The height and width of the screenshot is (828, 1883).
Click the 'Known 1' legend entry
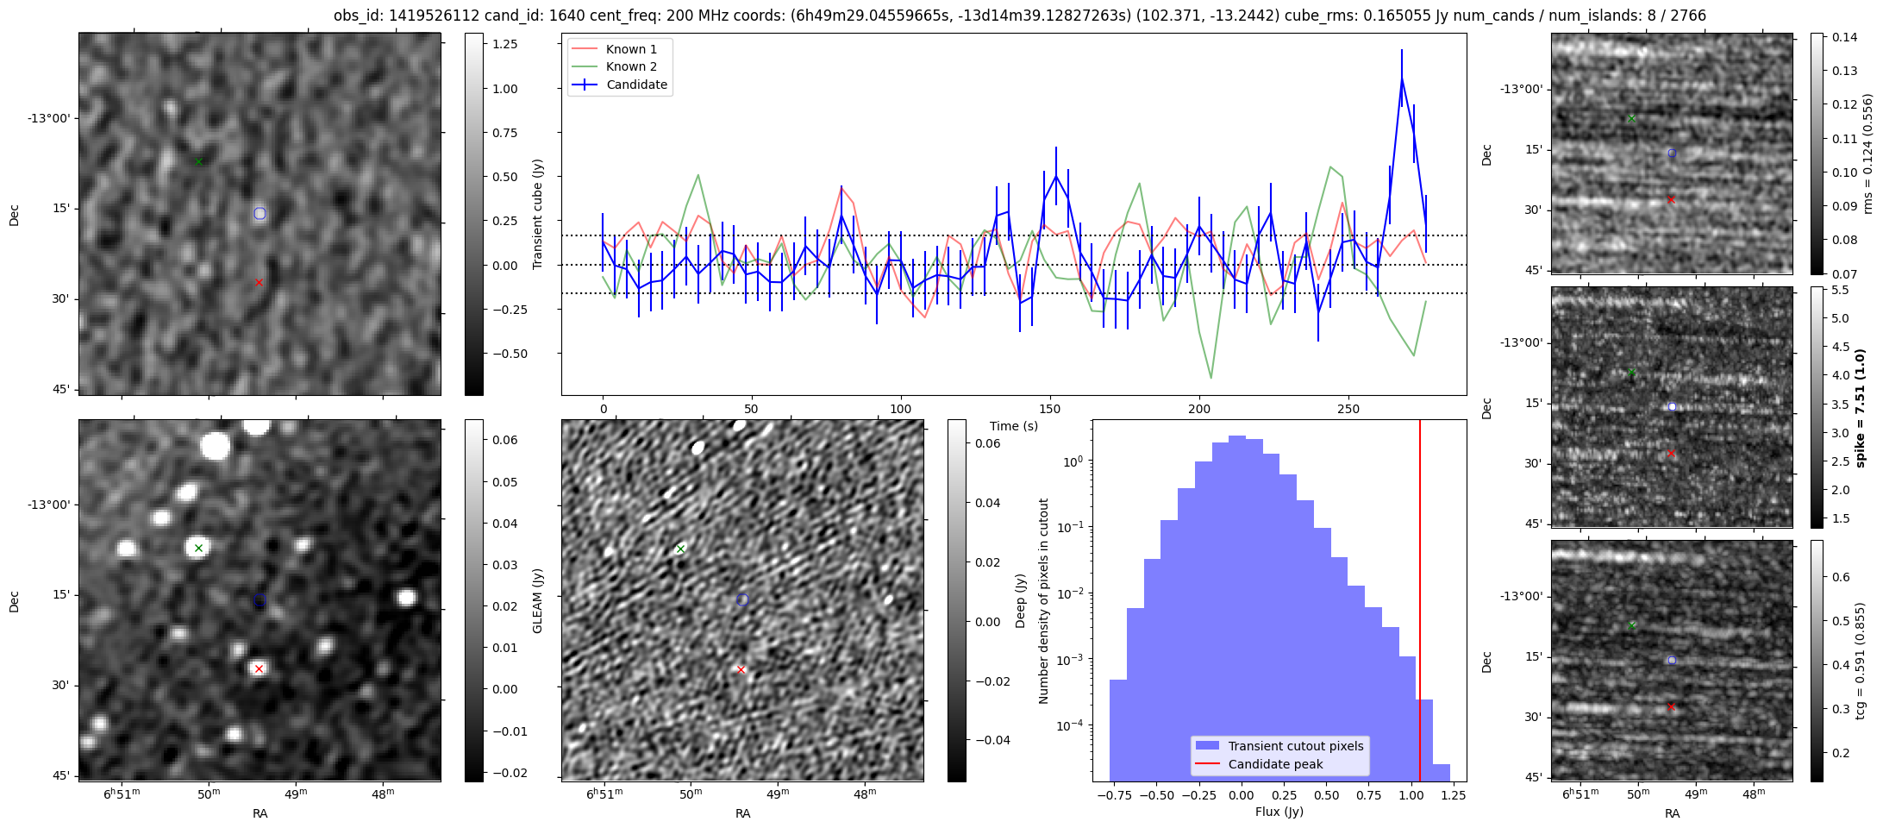tap(631, 49)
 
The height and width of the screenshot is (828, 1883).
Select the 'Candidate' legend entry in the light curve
tap(636, 85)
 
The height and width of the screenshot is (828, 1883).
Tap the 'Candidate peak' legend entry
tap(1275, 764)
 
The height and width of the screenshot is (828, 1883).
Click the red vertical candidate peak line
tap(1420, 604)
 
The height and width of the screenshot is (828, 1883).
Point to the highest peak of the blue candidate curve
tap(1402, 78)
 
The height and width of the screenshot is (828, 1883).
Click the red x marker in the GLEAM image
tap(259, 668)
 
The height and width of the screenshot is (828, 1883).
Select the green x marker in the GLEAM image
tap(198, 548)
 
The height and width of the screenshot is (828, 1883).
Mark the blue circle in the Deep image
tap(742, 599)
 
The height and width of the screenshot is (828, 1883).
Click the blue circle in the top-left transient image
tap(260, 213)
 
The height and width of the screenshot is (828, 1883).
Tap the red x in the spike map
tap(1671, 453)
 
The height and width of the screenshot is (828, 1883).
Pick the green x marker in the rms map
tap(1631, 118)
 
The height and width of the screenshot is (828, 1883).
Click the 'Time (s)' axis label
tap(1013, 426)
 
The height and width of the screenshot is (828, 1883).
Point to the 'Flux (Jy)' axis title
tap(1279, 812)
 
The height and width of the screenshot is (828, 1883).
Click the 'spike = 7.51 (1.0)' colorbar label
tap(1860, 407)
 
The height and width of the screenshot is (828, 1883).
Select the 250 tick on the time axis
tap(1348, 409)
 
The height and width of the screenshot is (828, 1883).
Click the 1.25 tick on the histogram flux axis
tap(1453, 795)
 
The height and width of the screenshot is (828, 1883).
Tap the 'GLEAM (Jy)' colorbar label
tap(537, 600)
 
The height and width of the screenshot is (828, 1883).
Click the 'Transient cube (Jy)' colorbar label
tap(537, 214)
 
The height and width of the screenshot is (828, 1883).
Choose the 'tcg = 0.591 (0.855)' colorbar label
tap(1860, 661)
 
